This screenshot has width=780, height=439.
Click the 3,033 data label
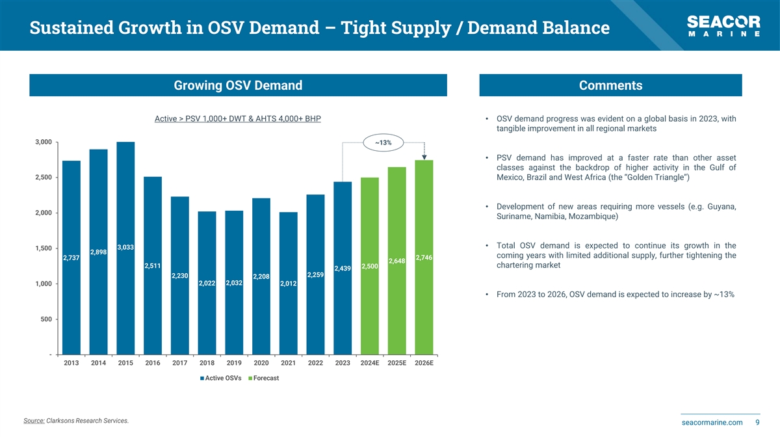pyautogui.click(x=125, y=247)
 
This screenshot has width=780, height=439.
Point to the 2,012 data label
pyautogui.click(x=288, y=284)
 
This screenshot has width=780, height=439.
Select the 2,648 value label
pyautogui.click(x=396, y=261)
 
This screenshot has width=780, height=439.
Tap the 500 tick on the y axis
pyautogui.click(x=47, y=319)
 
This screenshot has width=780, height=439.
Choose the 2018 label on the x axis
pyautogui.click(x=207, y=363)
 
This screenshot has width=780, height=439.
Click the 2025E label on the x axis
pyautogui.click(x=396, y=363)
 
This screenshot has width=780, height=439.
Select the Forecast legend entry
pyautogui.click(x=263, y=378)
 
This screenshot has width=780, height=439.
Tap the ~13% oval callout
pyautogui.click(x=383, y=142)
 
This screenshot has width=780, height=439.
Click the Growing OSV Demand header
pyautogui.click(x=238, y=85)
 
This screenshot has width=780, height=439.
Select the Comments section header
pyautogui.click(x=610, y=85)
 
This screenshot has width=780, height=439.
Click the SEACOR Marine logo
pyautogui.click(x=723, y=27)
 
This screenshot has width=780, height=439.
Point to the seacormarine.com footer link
pyautogui.click(x=712, y=423)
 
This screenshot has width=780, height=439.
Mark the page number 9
pyautogui.click(x=758, y=423)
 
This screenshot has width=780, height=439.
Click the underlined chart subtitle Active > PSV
pyautogui.click(x=237, y=119)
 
